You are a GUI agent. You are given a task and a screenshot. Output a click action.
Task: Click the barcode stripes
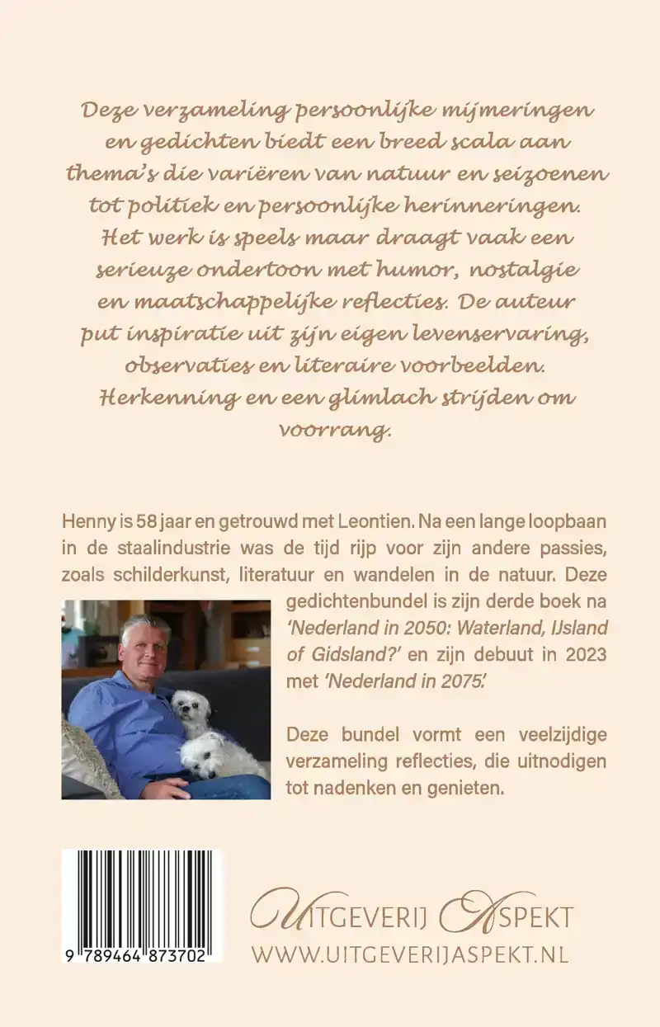(x=140, y=896)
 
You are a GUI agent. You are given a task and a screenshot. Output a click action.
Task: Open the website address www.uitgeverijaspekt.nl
(x=410, y=954)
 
